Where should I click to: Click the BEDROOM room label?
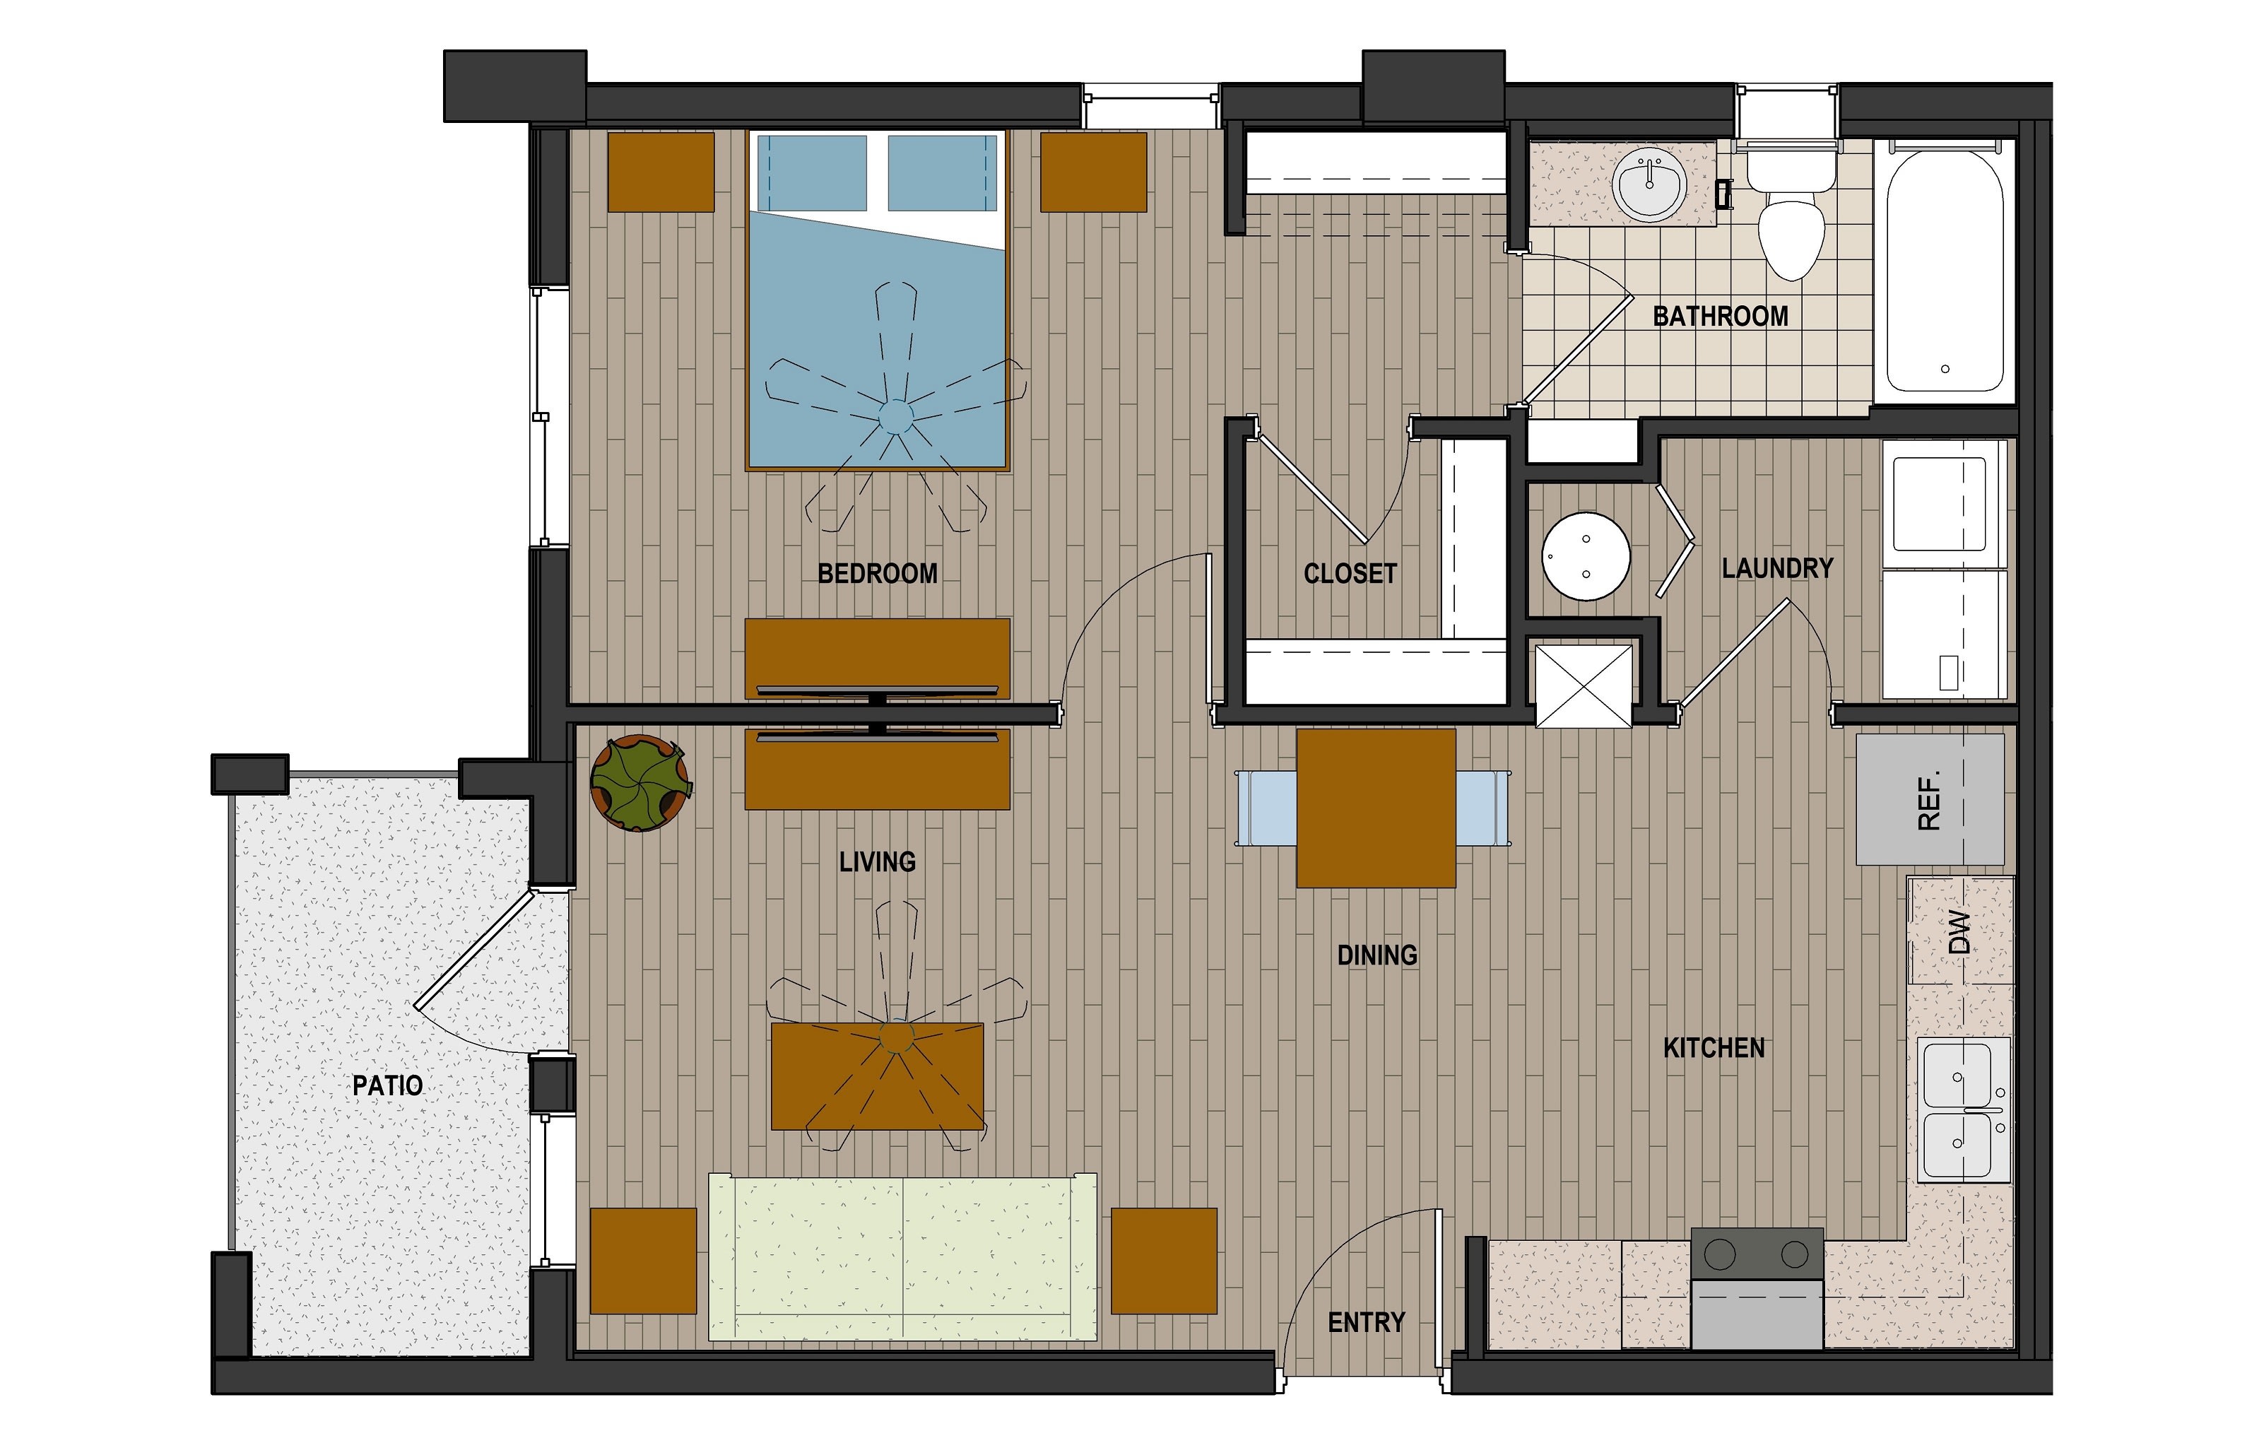tap(876, 573)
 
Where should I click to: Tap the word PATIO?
tap(387, 1085)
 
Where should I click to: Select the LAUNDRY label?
tap(1777, 567)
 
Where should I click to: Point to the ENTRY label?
tap(1366, 1323)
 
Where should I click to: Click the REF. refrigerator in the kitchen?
tap(1929, 800)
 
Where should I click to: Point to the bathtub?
tap(1945, 273)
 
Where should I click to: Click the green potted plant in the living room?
tap(639, 783)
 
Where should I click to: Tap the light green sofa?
tap(902, 1257)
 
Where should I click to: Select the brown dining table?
tap(1376, 808)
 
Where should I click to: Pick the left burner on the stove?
tap(1720, 1254)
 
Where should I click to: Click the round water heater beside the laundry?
tap(1586, 557)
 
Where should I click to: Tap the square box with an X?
tap(1584, 685)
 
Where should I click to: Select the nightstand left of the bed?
tap(661, 172)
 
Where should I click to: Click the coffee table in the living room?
tap(877, 1076)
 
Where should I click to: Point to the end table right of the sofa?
tap(1164, 1261)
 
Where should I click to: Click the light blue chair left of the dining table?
tap(1266, 808)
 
